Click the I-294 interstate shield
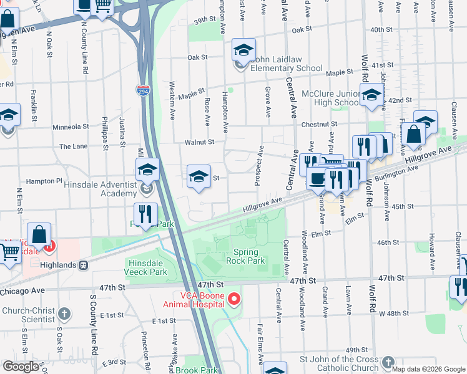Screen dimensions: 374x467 (x=143, y=92)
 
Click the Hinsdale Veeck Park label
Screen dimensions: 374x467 (x=146, y=268)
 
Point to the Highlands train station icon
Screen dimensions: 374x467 (x=82, y=265)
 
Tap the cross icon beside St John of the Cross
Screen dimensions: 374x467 (x=388, y=362)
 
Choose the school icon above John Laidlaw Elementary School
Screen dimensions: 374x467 (x=243, y=50)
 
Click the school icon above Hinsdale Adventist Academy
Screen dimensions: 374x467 (x=147, y=170)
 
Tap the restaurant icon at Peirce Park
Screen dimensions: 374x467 (x=145, y=214)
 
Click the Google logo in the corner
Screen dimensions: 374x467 (x=21, y=367)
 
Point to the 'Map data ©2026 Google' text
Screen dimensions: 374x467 (x=428, y=368)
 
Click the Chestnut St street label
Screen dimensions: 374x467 (x=318, y=125)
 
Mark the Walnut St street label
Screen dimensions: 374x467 (x=199, y=142)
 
